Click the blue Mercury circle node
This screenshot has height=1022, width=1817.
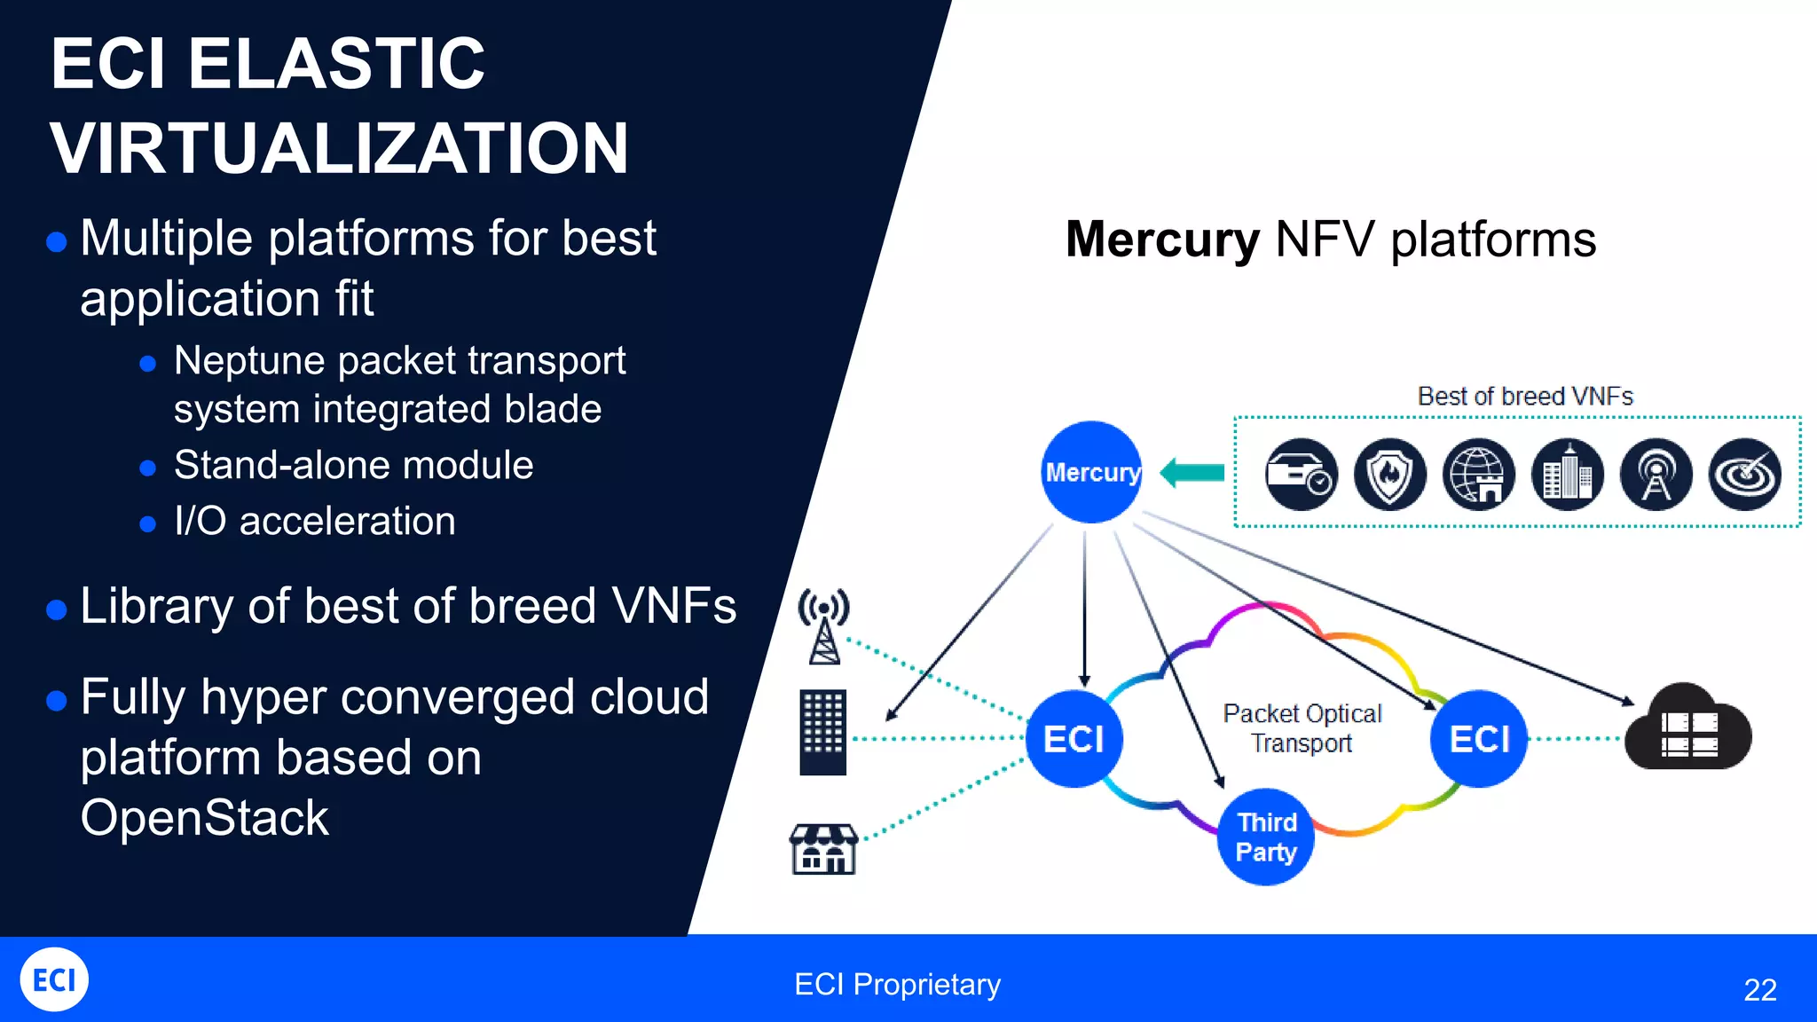(x=1091, y=472)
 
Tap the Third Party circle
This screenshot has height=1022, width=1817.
(x=1266, y=837)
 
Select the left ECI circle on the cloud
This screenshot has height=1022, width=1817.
(x=1074, y=738)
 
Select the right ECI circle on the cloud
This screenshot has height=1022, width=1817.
(x=1479, y=738)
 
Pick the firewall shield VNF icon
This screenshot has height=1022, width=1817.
(x=1389, y=475)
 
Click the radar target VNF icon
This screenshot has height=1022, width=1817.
(x=1744, y=475)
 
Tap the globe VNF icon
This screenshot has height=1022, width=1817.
(x=1478, y=475)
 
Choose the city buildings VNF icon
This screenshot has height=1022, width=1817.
(x=1567, y=475)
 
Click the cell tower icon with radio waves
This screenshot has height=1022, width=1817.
(x=824, y=626)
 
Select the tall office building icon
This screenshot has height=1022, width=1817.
(x=822, y=733)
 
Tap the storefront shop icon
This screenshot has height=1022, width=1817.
(x=823, y=849)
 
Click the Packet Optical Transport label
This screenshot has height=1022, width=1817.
(x=1302, y=728)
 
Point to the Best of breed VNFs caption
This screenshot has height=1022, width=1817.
(x=1524, y=397)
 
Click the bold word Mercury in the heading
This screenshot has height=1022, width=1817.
(x=1161, y=240)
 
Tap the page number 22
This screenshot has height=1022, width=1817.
(x=1759, y=989)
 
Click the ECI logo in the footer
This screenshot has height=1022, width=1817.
(x=54, y=979)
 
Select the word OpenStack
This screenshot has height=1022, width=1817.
(x=204, y=817)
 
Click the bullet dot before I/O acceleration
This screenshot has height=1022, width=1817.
(x=148, y=524)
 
